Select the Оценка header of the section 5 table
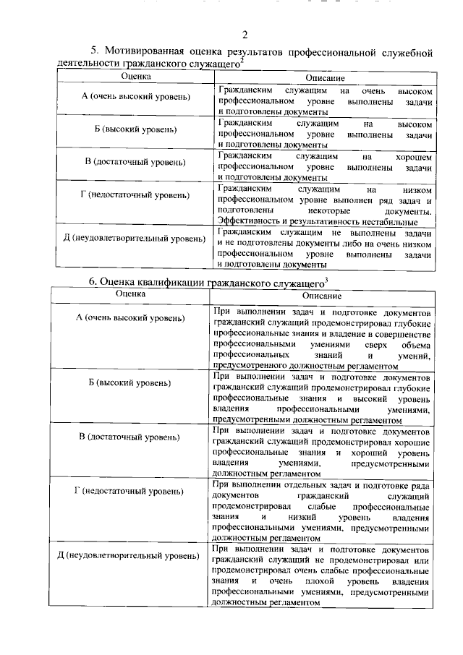coord(136,77)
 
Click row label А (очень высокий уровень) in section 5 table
coord(136,97)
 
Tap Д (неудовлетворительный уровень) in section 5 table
coord(136,239)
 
